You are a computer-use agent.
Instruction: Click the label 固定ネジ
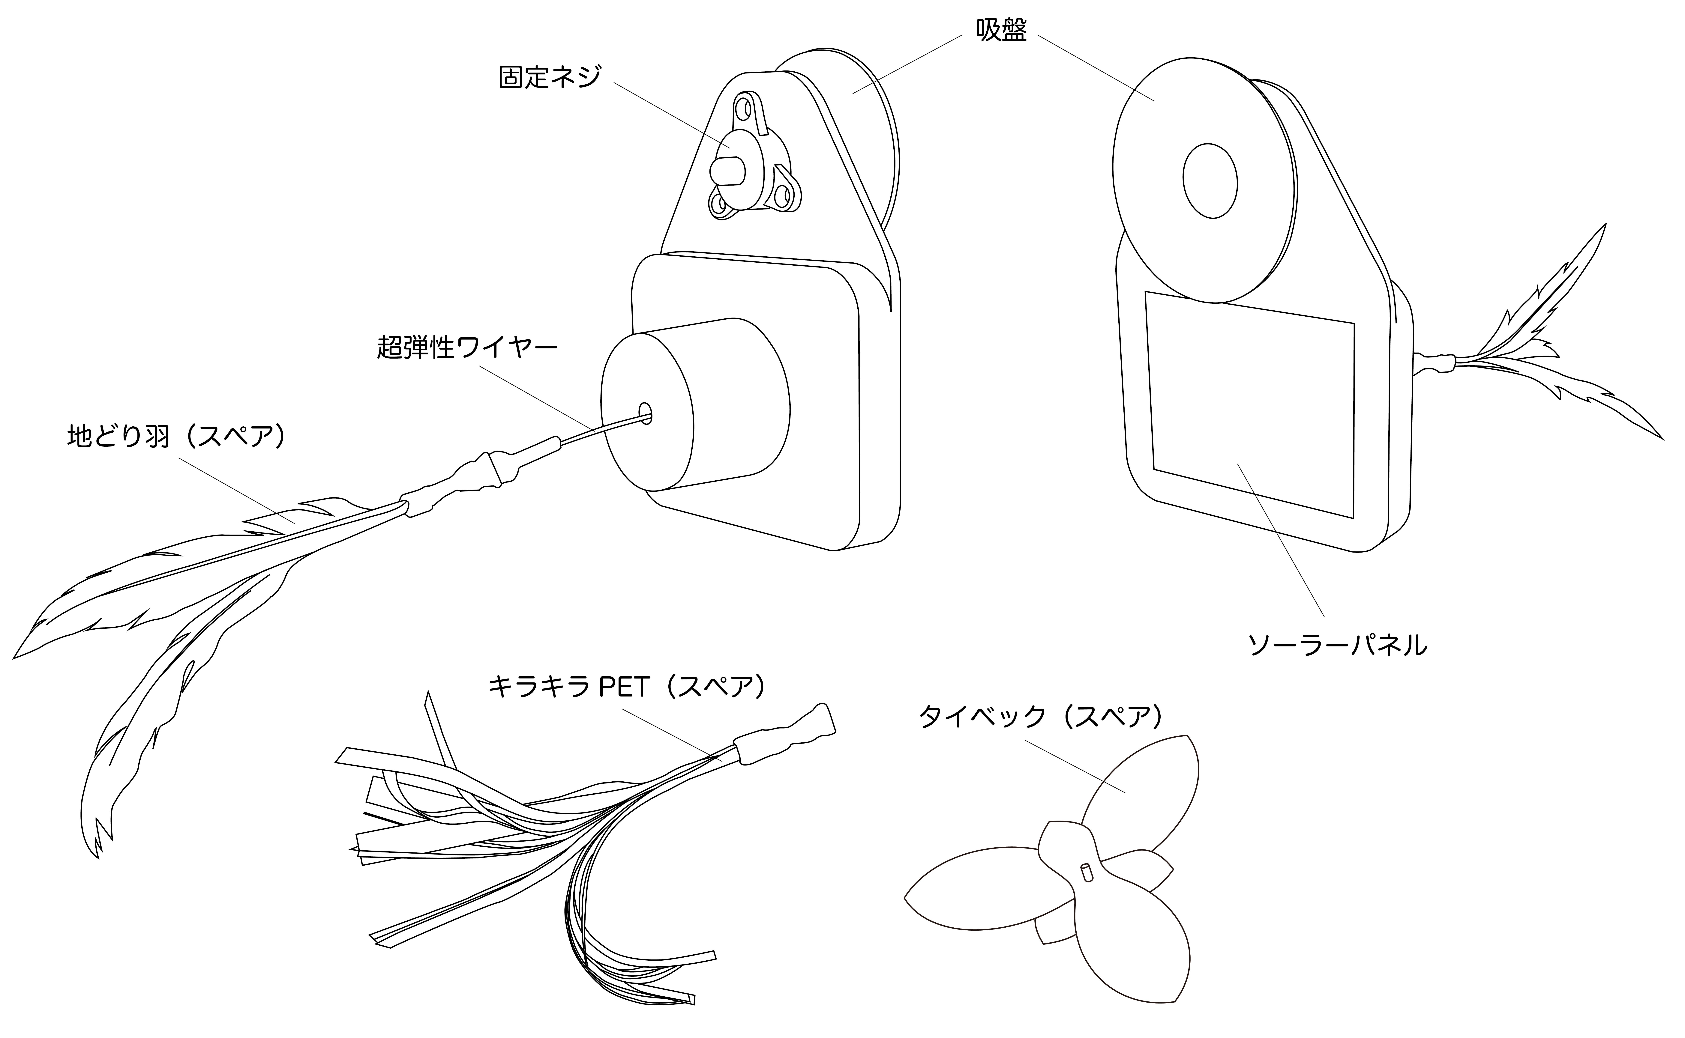(549, 77)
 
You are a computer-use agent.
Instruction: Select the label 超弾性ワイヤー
(467, 347)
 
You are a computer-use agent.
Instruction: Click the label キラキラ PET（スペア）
(626, 686)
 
